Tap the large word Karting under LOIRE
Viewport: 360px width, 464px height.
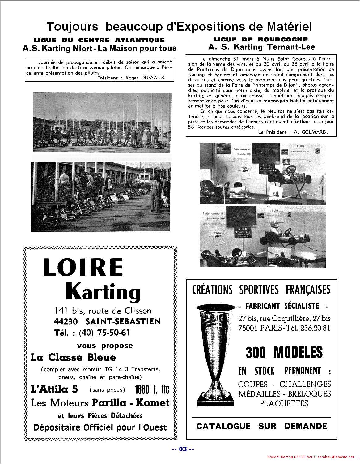point(103,292)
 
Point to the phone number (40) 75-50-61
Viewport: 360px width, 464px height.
point(104,333)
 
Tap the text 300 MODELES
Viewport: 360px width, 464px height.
point(284,352)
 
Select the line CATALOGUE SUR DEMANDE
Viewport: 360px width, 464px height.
point(261,426)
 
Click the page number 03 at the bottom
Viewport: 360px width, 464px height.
point(183,449)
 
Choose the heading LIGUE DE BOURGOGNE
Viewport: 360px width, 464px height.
point(260,39)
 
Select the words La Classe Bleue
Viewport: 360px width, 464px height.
point(73,358)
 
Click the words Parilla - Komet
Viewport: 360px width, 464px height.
point(130,403)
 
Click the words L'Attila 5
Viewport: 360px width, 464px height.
point(54,389)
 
